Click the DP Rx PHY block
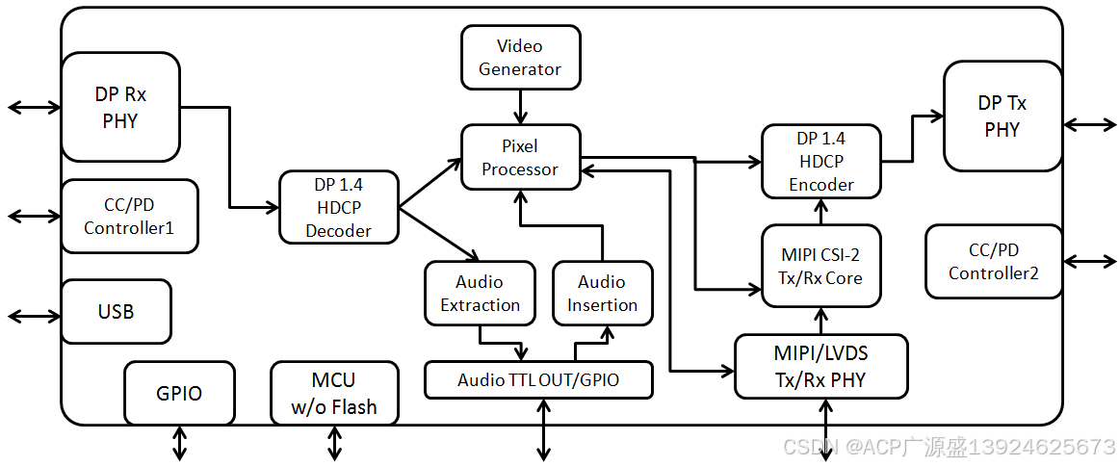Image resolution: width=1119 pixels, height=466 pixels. (120, 107)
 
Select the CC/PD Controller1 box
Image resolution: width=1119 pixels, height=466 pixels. (129, 216)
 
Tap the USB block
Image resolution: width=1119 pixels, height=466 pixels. (116, 312)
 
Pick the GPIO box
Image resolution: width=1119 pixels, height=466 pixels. (179, 393)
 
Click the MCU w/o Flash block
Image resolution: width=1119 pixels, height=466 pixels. (334, 393)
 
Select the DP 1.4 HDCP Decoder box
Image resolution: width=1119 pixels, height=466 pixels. (338, 207)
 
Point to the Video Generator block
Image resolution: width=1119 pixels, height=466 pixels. (520, 58)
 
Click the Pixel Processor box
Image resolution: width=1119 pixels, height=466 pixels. (520, 158)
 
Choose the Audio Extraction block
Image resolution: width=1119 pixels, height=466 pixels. (480, 294)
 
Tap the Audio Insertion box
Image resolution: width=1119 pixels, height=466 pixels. (602, 294)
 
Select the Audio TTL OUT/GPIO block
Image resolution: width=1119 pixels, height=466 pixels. (538, 380)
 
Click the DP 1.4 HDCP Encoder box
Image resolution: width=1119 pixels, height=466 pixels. (820, 162)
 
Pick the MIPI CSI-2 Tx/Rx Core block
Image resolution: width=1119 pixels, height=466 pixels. (820, 266)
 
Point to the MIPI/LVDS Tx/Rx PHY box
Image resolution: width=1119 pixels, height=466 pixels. (820, 367)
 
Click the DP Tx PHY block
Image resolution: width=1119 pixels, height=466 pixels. (1002, 116)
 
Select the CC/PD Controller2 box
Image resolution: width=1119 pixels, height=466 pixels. (993, 262)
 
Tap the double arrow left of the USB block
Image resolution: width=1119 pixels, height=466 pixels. (34, 316)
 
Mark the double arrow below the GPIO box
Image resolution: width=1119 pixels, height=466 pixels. (180, 443)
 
